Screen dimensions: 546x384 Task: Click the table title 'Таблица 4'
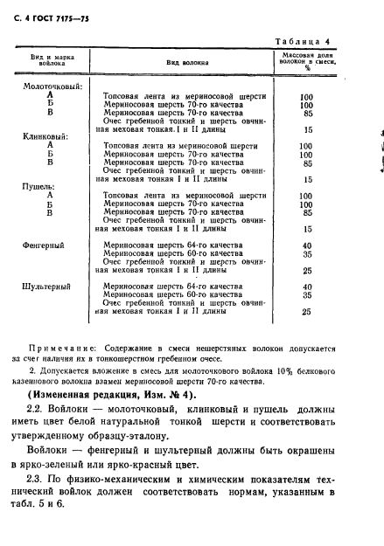click(x=326, y=41)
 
